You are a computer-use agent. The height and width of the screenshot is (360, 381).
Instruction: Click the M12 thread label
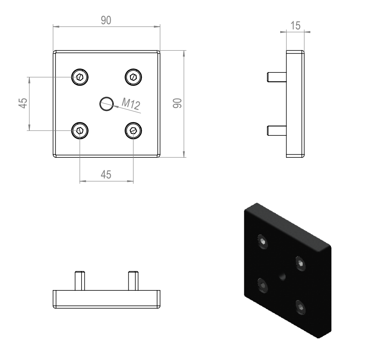(131, 104)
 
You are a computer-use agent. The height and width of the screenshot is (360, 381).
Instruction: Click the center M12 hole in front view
(107, 104)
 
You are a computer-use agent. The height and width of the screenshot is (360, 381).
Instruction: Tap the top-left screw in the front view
(80, 77)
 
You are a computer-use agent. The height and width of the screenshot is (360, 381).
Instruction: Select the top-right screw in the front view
(133, 77)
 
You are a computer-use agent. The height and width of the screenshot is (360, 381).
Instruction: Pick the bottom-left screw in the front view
(80, 131)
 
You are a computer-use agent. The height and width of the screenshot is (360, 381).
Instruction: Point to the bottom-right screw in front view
(133, 131)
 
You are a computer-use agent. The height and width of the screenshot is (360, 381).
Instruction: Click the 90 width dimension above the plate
(106, 20)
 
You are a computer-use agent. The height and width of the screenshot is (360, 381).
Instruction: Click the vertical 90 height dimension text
(177, 103)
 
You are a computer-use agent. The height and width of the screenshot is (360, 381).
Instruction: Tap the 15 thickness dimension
(296, 26)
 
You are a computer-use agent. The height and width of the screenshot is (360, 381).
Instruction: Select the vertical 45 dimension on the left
(23, 103)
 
